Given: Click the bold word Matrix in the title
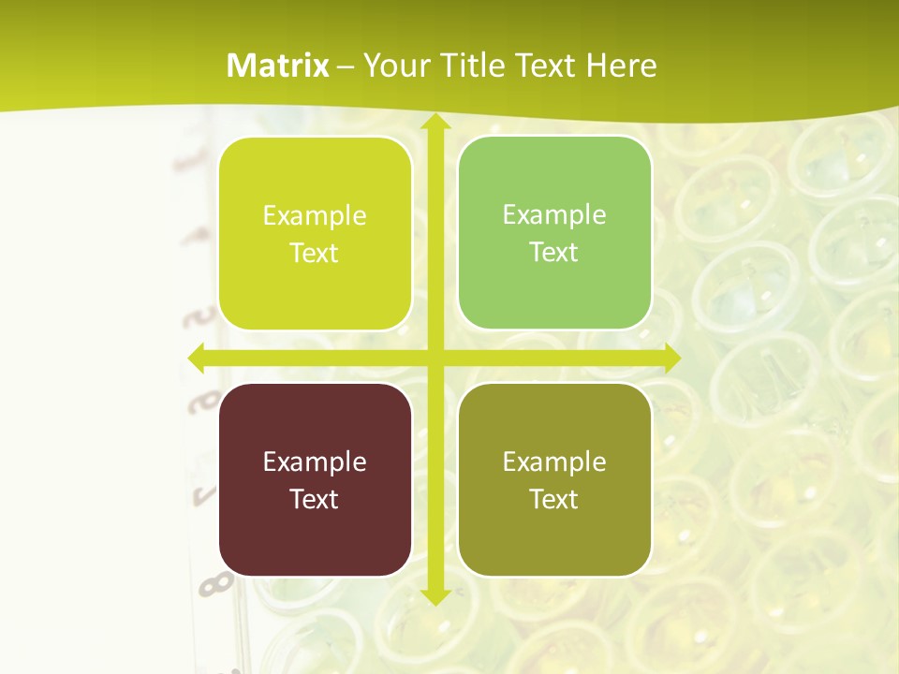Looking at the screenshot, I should pyautogui.click(x=278, y=66).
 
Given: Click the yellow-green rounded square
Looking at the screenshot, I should pyautogui.click(x=315, y=234).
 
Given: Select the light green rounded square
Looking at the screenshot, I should pyautogui.click(x=554, y=233).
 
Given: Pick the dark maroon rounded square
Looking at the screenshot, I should pyautogui.click(x=315, y=479).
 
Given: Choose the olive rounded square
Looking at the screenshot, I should pyautogui.click(x=554, y=479).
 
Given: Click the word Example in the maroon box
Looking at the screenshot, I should pyautogui.click(x=315, y=462).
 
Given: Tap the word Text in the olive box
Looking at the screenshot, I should pyautogui.click(x=554, y=499).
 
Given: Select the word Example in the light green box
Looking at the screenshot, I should pyautogui.click(x=554, y=215).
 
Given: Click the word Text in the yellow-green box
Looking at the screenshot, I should pyautogui.click(x=315, y=254).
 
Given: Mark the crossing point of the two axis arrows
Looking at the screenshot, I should pyautogui.click(x=435, y=358).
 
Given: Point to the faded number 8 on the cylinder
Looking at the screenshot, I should pyautogui.click(x=215, y=584).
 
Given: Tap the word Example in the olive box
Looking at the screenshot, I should pyautogui.click(x=554, y=462).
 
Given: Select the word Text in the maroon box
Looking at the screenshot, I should pyautogui.click(x=315, y=499).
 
